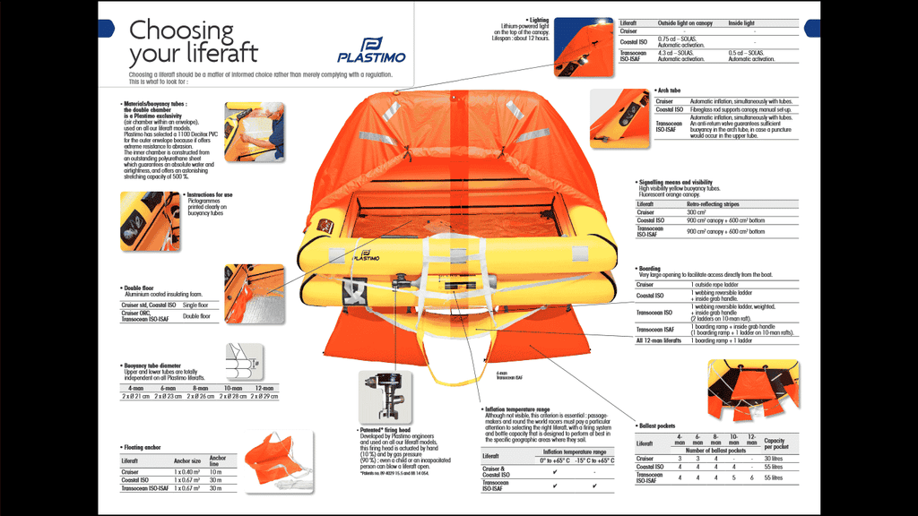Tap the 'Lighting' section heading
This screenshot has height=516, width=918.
pos(537,20)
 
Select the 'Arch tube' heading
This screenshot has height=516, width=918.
pos(669,90)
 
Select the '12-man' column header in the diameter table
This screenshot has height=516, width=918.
pos(264,388)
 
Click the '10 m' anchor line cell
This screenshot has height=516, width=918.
pos(215,471)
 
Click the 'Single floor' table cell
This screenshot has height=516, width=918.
pos(195,305)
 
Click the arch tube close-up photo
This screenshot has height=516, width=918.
pos(619,116)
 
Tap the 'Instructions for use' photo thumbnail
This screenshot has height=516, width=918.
pos(150,221)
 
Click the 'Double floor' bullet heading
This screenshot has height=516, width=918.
pos(143,288)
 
